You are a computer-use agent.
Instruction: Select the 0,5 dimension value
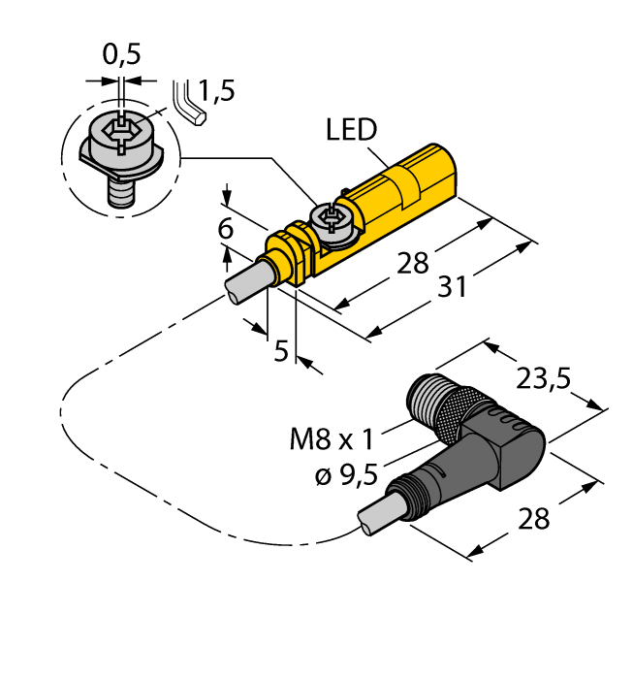(121, 54)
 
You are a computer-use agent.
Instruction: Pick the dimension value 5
(281, 350)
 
